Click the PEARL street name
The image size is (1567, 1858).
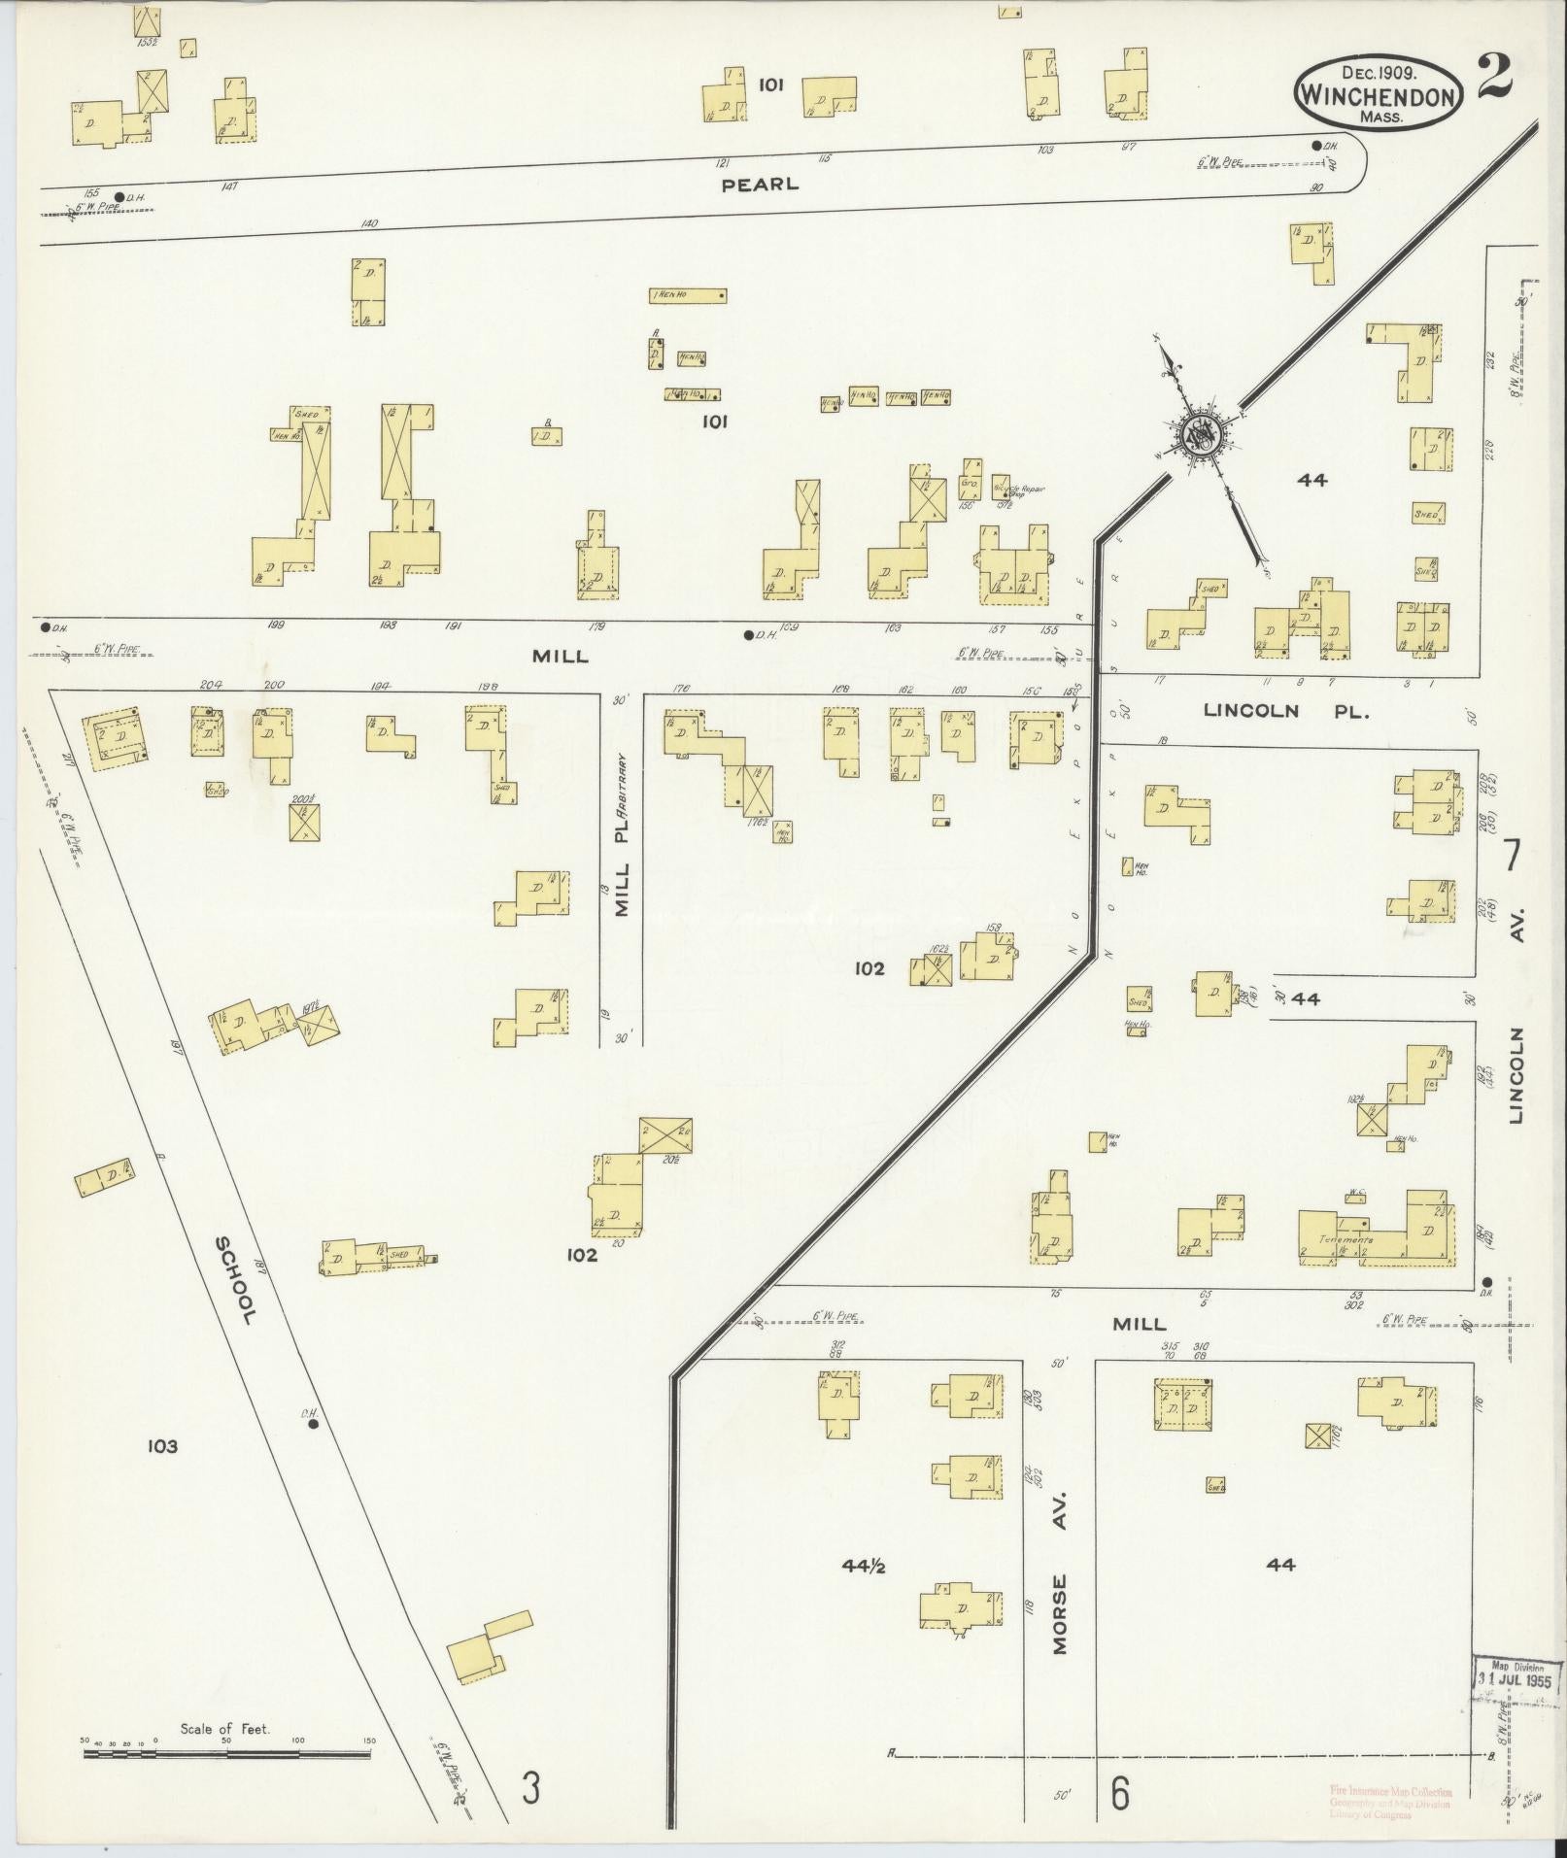(760, 184)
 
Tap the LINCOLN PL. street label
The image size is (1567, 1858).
(1285, 710)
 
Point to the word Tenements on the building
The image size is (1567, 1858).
(1346, 1240)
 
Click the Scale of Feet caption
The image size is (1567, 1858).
(223, 1729)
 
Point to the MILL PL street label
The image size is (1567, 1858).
(623, 863)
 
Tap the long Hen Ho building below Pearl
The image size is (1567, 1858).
(688, 295)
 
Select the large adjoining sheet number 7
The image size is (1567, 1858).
(1512, 857)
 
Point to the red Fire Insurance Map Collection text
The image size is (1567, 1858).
(1390, 1791)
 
